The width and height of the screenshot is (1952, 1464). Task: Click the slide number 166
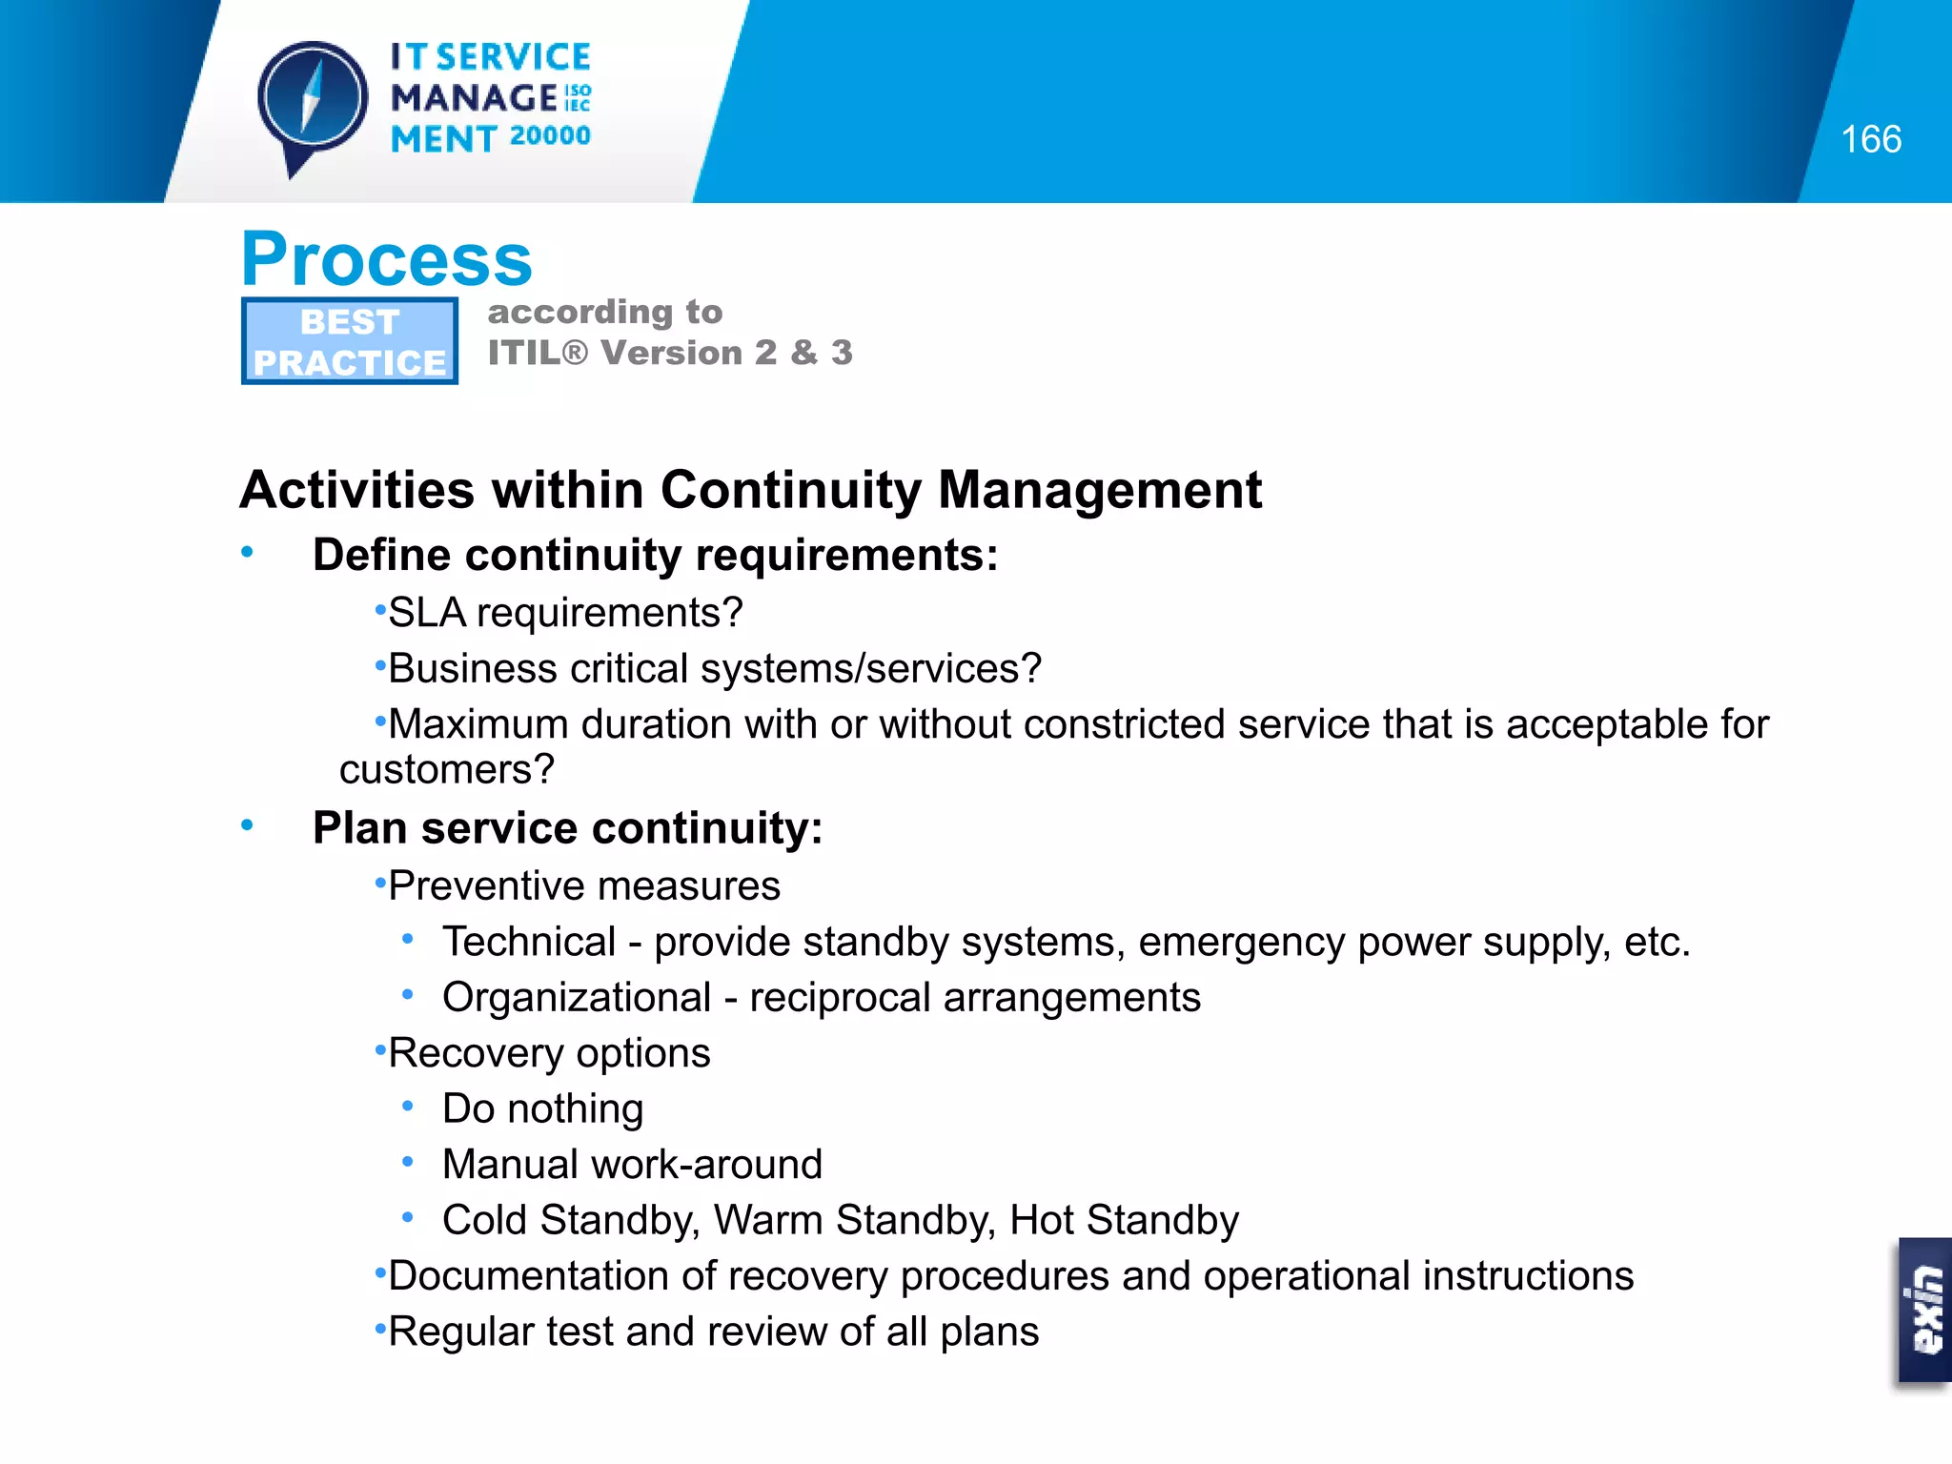pos(1870,140)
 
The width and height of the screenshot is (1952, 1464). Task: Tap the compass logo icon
pos(312,101)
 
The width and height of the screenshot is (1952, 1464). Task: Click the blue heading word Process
pos(386,259)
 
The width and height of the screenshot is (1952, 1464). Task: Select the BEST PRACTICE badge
pos(350,341)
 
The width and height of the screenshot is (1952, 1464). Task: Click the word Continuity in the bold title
pos(790,490)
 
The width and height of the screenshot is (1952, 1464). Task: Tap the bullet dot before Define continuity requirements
pos(248,552)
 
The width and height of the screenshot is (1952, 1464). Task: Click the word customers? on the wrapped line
pos(446,770)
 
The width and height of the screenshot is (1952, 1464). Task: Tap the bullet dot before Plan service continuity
pos(248,825)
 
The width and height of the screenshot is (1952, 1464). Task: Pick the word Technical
pos(529,942)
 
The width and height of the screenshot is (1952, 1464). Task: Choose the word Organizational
pos(577,998)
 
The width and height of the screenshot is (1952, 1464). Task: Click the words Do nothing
pos(542,1109)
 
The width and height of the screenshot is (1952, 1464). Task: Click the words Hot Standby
pos(1124,1220)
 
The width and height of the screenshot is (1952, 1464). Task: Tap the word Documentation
pos(545,1276)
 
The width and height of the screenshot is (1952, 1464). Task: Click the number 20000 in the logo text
pos(550,136)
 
